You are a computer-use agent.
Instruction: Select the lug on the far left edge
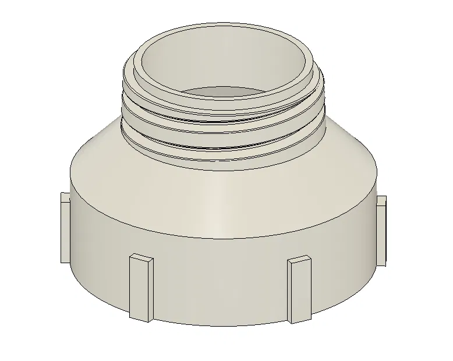click(x=65, y=228)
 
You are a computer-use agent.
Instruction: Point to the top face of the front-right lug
click(x=300, y=259)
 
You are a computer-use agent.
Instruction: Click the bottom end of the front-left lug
click(x=141, y=319)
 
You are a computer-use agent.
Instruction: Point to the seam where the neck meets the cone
click(x=224, y=171)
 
